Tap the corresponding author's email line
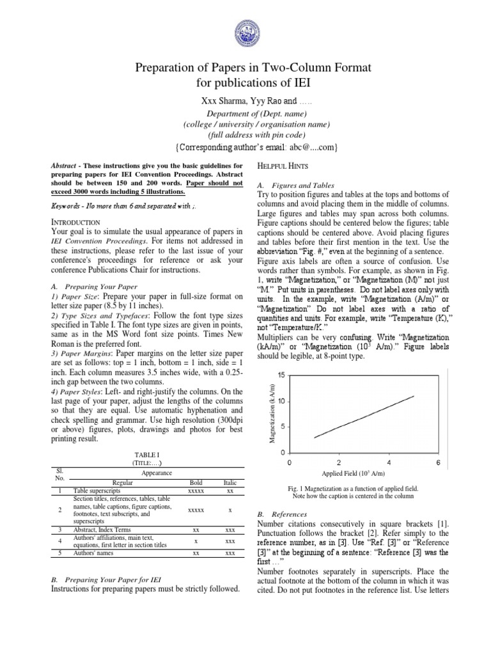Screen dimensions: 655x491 pyautogui.click(x=245, y=148)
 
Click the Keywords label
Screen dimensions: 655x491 pyautogui.click(x=67, y=207)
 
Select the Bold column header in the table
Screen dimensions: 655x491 pyautogui.click(x=196, y=483)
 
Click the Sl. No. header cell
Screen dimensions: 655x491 pyautogui.click(x=59, y=473)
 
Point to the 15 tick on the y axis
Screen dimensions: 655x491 pyautogui.click(x=281, y=374)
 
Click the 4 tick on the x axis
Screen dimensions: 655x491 pyautogui.click(x=389, y=462)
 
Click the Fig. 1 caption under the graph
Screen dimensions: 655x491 pyautogui.click(x=362, y=491)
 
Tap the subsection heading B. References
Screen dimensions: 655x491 pyautogui.click(x=281, y=514)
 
